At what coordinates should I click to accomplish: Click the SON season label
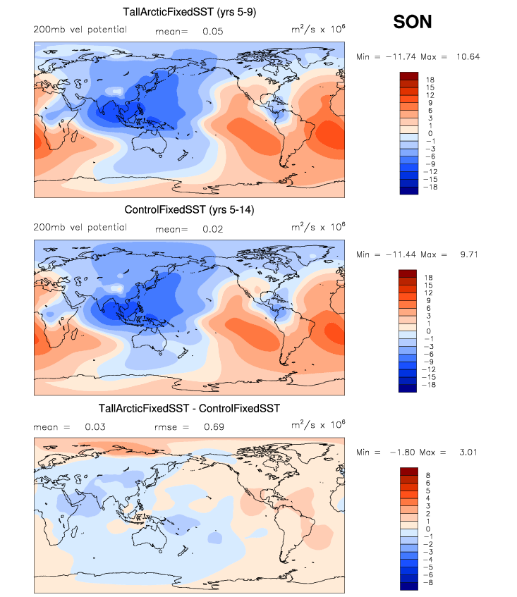(412, 23)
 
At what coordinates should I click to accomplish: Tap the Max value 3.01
(465, 452)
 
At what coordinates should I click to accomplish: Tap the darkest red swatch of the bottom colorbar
(410, 472)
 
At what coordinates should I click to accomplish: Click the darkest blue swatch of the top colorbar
(410, 189)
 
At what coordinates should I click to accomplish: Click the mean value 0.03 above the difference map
(95, 427)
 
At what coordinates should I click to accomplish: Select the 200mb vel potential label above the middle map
(80, 228)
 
